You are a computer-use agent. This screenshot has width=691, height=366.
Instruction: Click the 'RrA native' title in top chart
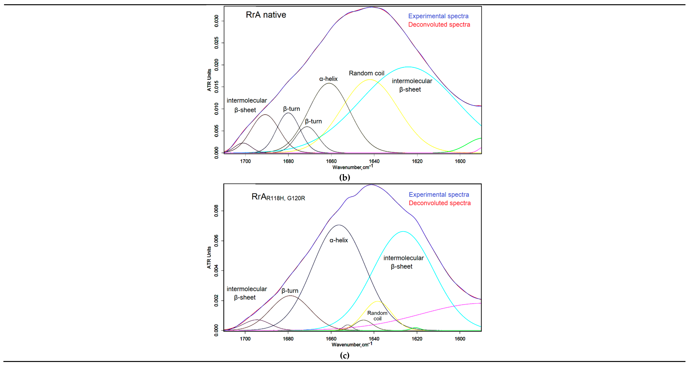coord(266,15)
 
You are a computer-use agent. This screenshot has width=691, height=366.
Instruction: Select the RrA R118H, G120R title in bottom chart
coord(278,197)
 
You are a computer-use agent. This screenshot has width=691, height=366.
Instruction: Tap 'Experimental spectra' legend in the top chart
coord(438,16)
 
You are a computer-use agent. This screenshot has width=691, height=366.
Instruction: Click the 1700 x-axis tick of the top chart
coord(245,161)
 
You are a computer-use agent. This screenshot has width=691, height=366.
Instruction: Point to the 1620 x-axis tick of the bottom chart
coord(417,339)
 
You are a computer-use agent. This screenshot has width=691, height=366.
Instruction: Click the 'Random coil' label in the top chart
coord(366,73)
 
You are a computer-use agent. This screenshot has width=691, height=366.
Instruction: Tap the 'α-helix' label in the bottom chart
coord(339,240)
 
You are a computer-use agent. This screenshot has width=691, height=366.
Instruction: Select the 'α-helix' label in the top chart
coord(328,79)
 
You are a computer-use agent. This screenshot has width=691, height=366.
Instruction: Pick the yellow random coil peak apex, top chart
coord(370,80)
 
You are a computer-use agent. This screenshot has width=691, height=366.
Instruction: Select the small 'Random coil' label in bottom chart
coord(377,316)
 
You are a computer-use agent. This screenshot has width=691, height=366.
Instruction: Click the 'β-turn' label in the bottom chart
coord(290,291)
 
